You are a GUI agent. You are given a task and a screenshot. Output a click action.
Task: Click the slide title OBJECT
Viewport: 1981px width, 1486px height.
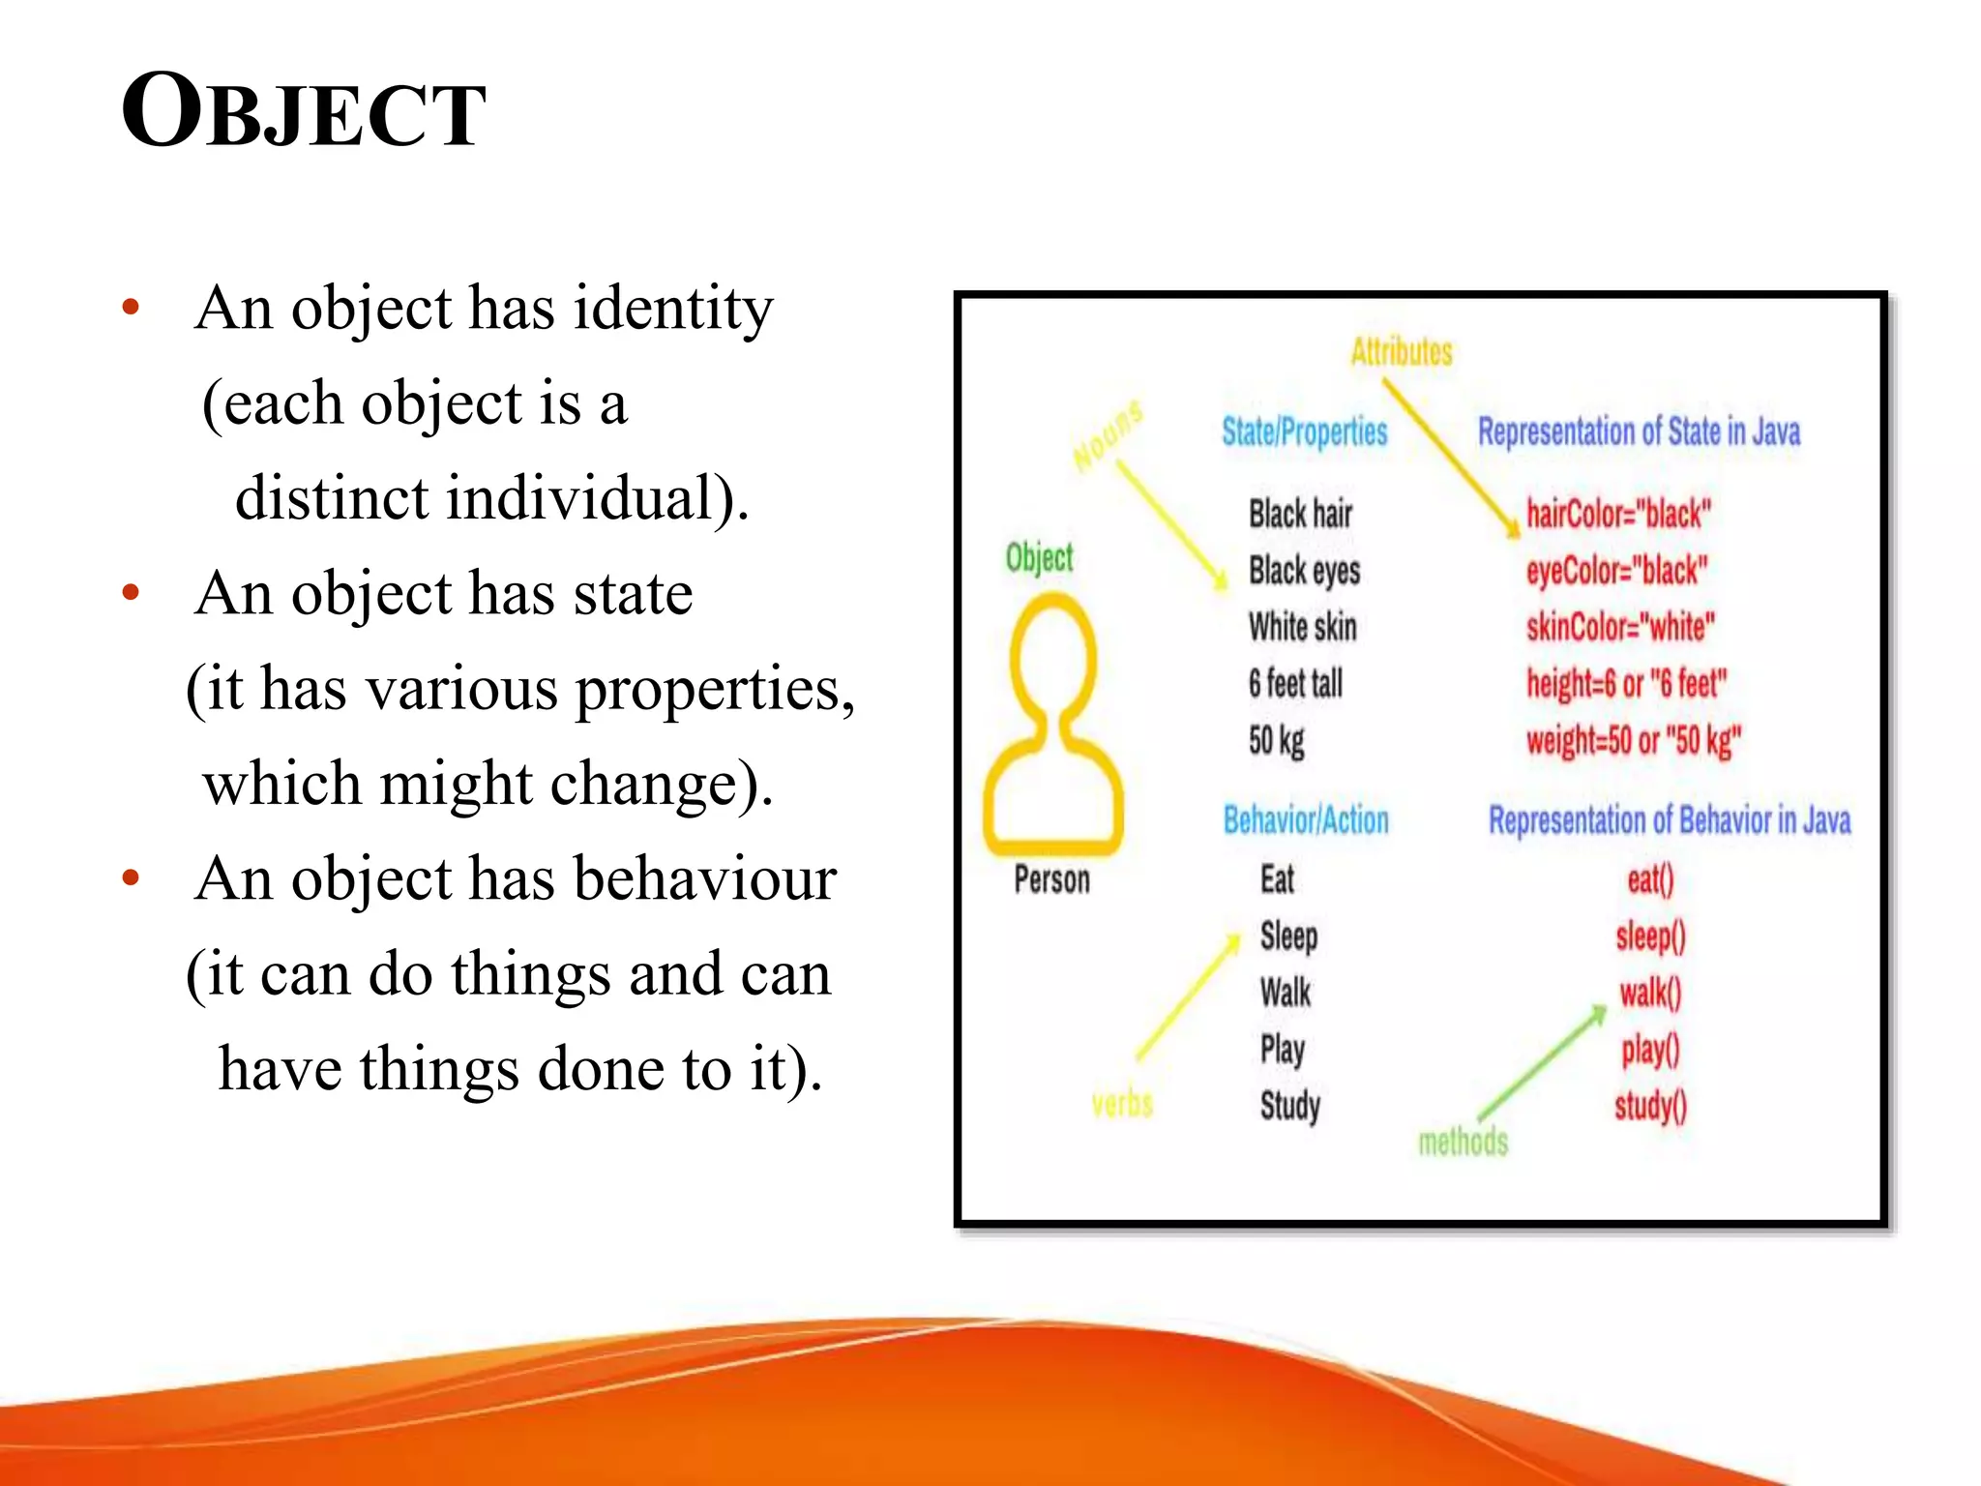pos(303,112)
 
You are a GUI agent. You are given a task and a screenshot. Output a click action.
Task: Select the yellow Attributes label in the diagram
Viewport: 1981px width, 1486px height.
pos(1401,351)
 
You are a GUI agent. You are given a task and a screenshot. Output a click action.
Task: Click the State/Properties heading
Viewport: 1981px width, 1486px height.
pos(1303,431)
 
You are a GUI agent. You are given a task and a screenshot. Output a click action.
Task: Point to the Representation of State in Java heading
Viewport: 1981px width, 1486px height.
pos(1638,431)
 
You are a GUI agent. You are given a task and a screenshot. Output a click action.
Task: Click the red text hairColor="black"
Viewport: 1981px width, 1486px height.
pos(1617,514)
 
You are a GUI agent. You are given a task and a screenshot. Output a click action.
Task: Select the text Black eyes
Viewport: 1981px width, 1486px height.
pos(1303,571)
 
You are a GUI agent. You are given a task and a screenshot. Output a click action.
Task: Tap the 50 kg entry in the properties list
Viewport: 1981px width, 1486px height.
pos(1275,741)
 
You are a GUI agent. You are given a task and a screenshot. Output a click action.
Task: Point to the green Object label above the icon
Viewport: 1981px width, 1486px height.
pos(1039,558)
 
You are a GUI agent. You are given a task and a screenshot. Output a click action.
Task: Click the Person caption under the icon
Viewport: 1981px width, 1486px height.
pos(1051,879)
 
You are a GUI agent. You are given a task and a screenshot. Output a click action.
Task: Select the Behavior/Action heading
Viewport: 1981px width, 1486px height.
pos(1305,820)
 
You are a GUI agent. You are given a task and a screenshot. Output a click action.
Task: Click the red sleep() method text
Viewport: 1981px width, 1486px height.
pos(1649,936)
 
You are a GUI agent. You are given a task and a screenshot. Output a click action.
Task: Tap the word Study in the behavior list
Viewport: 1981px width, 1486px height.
pos(1288,1106)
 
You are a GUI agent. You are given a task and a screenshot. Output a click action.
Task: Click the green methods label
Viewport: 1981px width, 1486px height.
pos(1462,1143)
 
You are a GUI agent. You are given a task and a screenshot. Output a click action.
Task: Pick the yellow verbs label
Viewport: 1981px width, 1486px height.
pos(1121,1104)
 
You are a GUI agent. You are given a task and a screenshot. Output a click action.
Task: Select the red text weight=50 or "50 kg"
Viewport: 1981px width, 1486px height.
pos(1632,741)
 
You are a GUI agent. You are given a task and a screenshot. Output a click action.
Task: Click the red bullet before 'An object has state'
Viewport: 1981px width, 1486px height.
pos(132,592)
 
